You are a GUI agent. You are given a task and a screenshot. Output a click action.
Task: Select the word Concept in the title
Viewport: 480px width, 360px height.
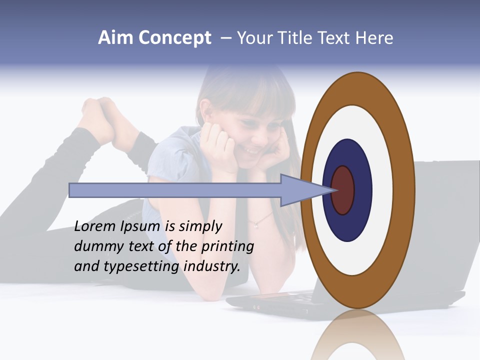point(174,38)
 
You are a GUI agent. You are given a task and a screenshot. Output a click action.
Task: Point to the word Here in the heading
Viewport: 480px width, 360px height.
point(374,38)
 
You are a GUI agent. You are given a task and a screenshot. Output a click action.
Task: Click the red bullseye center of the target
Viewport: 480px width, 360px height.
point(343,190)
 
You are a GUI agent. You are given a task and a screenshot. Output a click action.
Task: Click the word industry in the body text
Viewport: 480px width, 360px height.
point(212,266)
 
